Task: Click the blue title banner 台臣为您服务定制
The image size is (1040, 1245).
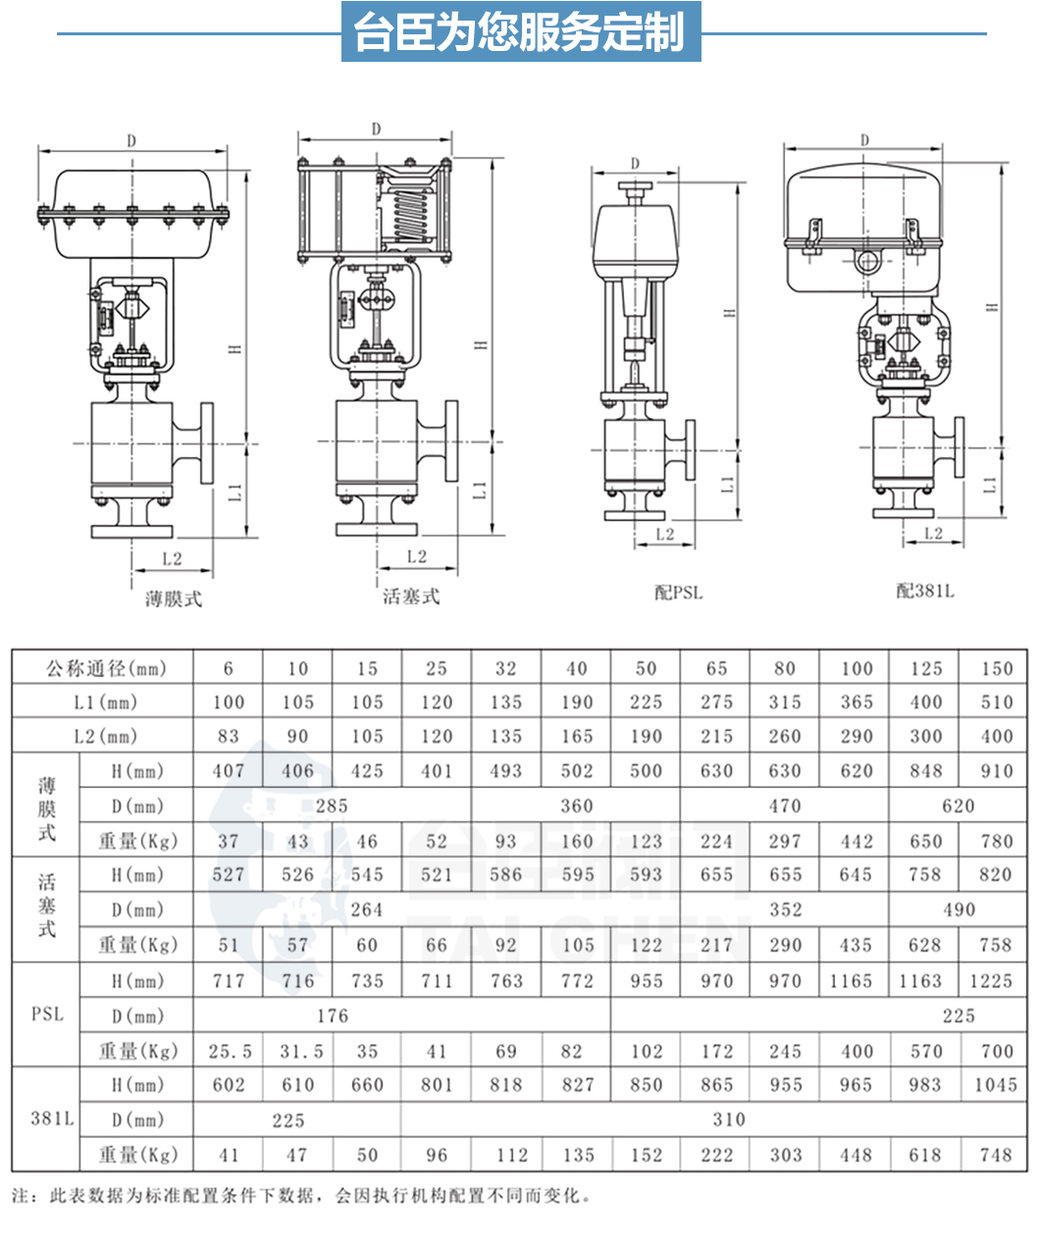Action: coord(521,32)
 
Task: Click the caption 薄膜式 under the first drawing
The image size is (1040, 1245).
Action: coord(174,598)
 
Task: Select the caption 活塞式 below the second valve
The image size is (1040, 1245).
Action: coord(411,597)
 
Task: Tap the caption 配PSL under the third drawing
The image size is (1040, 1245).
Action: coord(679,592)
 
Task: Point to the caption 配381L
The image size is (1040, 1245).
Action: coord(924,590)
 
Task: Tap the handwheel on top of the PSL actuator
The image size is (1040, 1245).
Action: coord(636,186)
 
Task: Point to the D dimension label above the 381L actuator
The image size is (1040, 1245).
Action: coord(864,140)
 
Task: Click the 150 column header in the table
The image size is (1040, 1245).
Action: coord(996,668)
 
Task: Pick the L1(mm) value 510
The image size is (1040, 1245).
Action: coord(996,702)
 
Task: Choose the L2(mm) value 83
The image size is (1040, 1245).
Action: coord(229,736)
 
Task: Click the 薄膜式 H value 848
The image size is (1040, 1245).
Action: coord(925,771)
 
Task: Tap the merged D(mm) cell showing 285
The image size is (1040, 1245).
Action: coord(332,806)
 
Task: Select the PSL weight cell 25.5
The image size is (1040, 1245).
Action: coord(229,1051)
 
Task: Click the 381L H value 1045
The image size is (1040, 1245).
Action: coord(995,1085)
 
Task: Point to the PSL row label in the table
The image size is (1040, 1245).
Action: coord(47,1014)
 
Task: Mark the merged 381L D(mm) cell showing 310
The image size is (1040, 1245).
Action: coord(728,1119)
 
